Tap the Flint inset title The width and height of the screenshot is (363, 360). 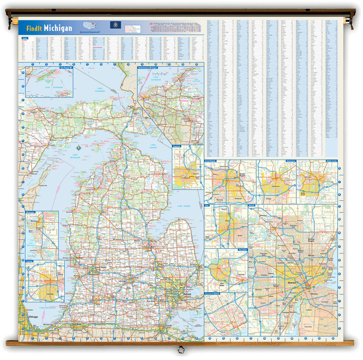(x=208, y=205)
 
